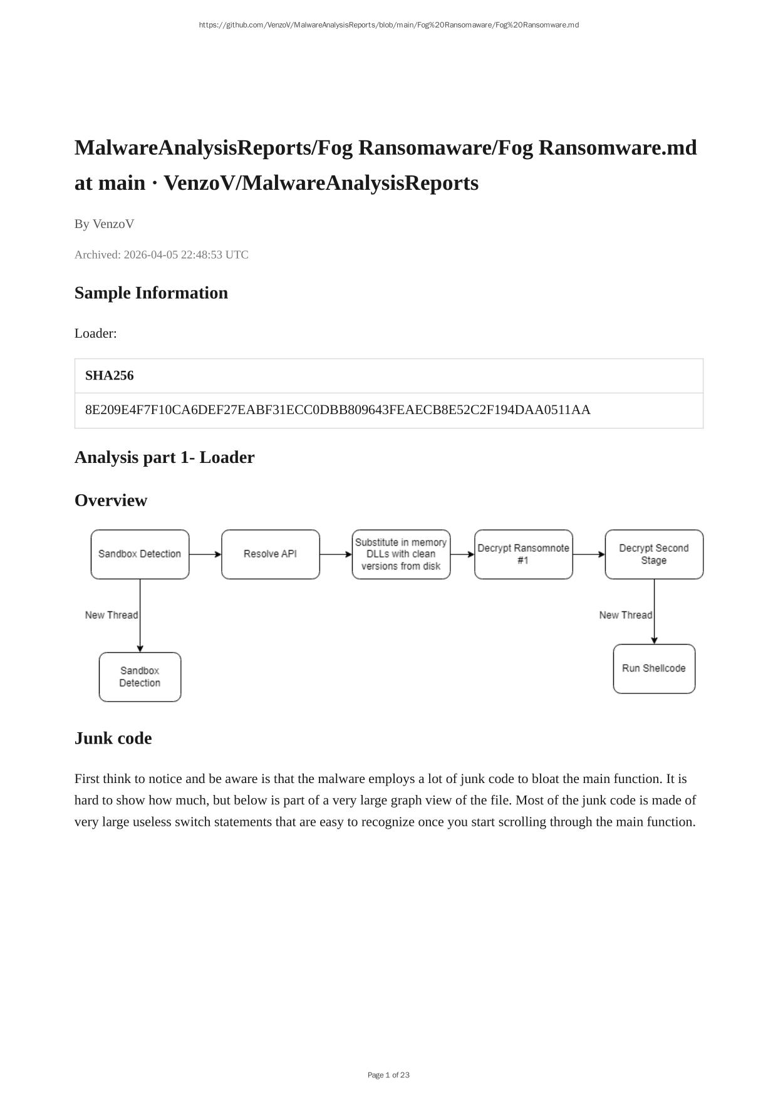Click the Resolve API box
[270, 554]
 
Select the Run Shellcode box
[654, 668]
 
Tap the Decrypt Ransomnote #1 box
[523, 554]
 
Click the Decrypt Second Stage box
[654, 554]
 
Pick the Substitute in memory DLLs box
[401, 554]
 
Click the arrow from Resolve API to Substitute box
[336, 554]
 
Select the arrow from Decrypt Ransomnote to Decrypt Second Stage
[589, 554]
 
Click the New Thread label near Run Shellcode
[625, 615]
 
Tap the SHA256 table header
[110, 376]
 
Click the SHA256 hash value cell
[338, 410]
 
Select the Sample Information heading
[151, 293]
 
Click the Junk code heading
[113, 739]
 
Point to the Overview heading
[111, 501]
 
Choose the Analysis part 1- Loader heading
[164, 457]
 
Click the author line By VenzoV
[104, 224]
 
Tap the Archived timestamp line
[162, 255]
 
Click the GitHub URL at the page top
[388, 25]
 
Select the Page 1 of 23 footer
[388, 1075]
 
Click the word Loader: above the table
[96, 333]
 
